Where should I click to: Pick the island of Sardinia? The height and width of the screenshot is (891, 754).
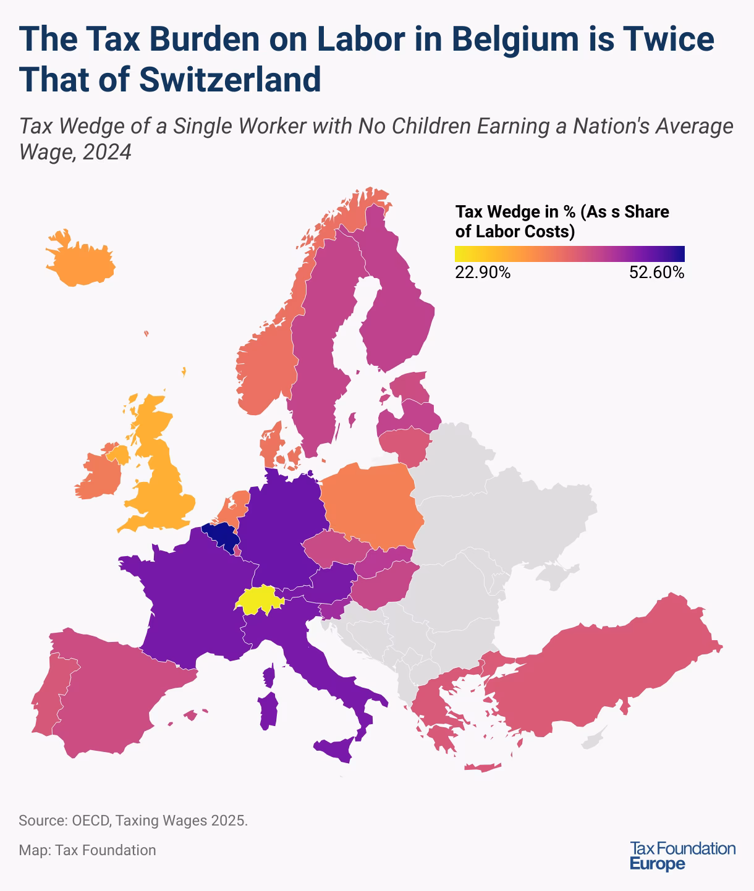pos(268,711)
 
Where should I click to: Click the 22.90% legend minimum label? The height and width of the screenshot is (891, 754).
pos(483,272)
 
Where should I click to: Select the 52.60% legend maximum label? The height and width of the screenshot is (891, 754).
pos(656,272)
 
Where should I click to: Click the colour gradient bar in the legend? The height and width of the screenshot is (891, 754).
pos(569,254)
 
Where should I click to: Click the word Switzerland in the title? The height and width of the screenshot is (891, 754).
pos(229,78)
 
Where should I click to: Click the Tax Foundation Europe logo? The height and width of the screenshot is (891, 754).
pos(682,856)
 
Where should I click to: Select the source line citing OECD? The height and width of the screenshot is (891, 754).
pos(133,821)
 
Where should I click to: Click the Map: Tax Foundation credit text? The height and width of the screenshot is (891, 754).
pos(87,850)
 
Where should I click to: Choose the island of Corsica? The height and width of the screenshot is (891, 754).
pos(269,675)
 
